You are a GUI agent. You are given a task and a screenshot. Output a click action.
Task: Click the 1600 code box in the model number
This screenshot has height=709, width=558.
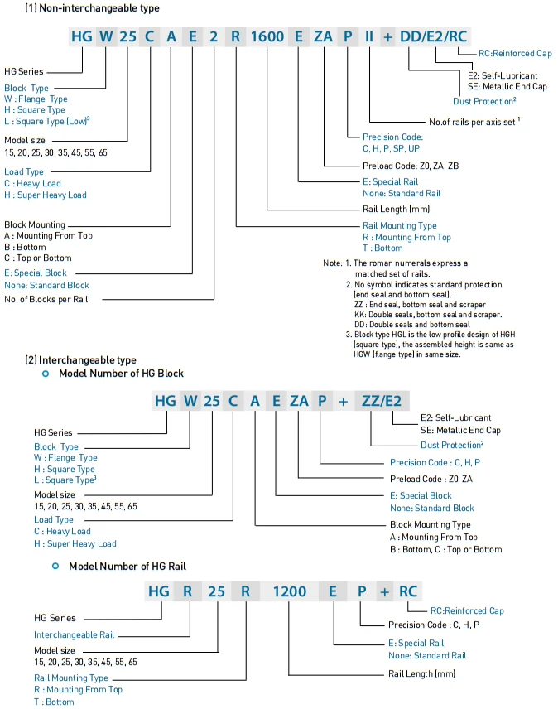(267, 36)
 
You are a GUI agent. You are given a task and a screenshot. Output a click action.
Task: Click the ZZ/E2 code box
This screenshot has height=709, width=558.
(382, 401)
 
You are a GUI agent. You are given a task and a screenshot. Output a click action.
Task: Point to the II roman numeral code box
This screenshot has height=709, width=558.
(369, 36)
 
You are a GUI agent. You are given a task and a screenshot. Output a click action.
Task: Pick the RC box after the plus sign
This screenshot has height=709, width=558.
(409, 591)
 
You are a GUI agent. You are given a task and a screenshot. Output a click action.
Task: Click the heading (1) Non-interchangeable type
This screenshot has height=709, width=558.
(80, 7)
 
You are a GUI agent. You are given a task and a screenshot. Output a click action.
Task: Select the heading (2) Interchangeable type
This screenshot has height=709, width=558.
(80, 360)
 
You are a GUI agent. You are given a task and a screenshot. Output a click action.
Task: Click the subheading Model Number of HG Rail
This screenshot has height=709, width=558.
(126, 566)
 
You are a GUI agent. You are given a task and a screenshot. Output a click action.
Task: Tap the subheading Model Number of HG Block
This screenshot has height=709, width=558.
(121, 374)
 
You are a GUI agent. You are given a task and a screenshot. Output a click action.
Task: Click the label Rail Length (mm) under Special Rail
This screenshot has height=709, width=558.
(397, 209)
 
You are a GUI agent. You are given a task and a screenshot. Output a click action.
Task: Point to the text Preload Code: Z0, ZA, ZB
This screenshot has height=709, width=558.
(411, 166)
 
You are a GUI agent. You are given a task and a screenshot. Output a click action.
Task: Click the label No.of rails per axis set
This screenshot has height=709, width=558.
(474, 122)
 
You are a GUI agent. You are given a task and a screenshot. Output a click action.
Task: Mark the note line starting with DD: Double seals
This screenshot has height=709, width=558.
(411, 325)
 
